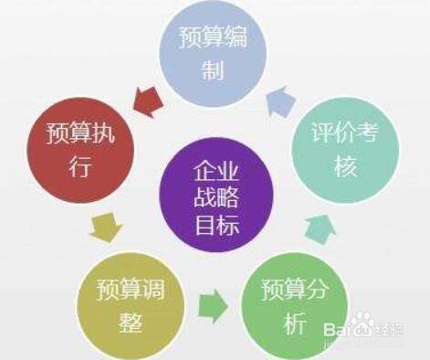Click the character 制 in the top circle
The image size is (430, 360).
click(x=215, y=70)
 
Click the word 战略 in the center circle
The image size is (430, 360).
click(x=216, y=197)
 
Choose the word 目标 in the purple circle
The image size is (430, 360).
click(x=216, y=223)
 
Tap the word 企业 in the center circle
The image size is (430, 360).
click(x=216, y=172)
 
